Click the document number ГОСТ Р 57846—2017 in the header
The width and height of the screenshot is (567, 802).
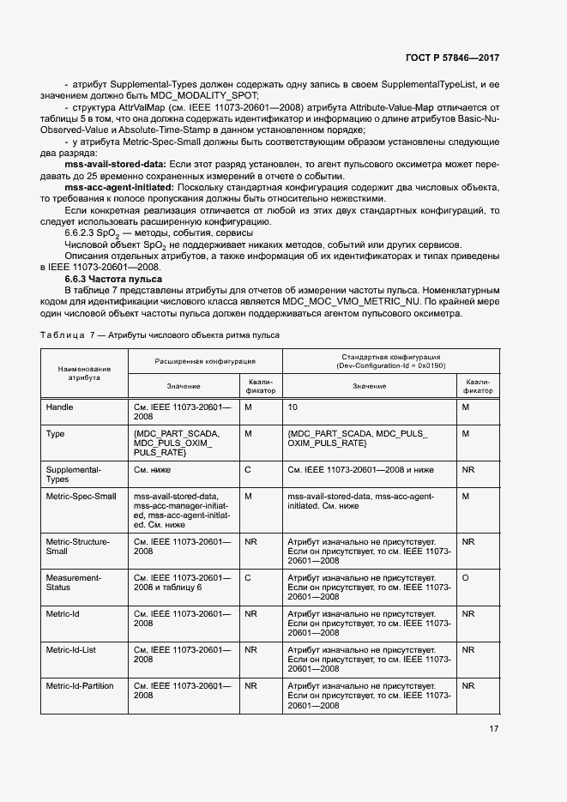tap(451, 57)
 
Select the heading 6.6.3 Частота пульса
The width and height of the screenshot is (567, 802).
tap(113, 280)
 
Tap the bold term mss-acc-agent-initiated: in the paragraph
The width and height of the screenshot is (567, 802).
tap(118, 187)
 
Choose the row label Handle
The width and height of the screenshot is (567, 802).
tap(59, 407)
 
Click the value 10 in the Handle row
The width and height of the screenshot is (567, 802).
tap(293, 407)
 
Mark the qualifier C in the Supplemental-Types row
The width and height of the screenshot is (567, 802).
tap(247, 470)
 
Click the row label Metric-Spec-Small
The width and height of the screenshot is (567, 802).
tap(81, 496)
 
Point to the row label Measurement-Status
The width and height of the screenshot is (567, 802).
tap(74, 583)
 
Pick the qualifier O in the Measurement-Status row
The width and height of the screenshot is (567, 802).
tap(465, 578)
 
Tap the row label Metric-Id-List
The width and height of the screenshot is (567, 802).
tap(70, 650)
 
